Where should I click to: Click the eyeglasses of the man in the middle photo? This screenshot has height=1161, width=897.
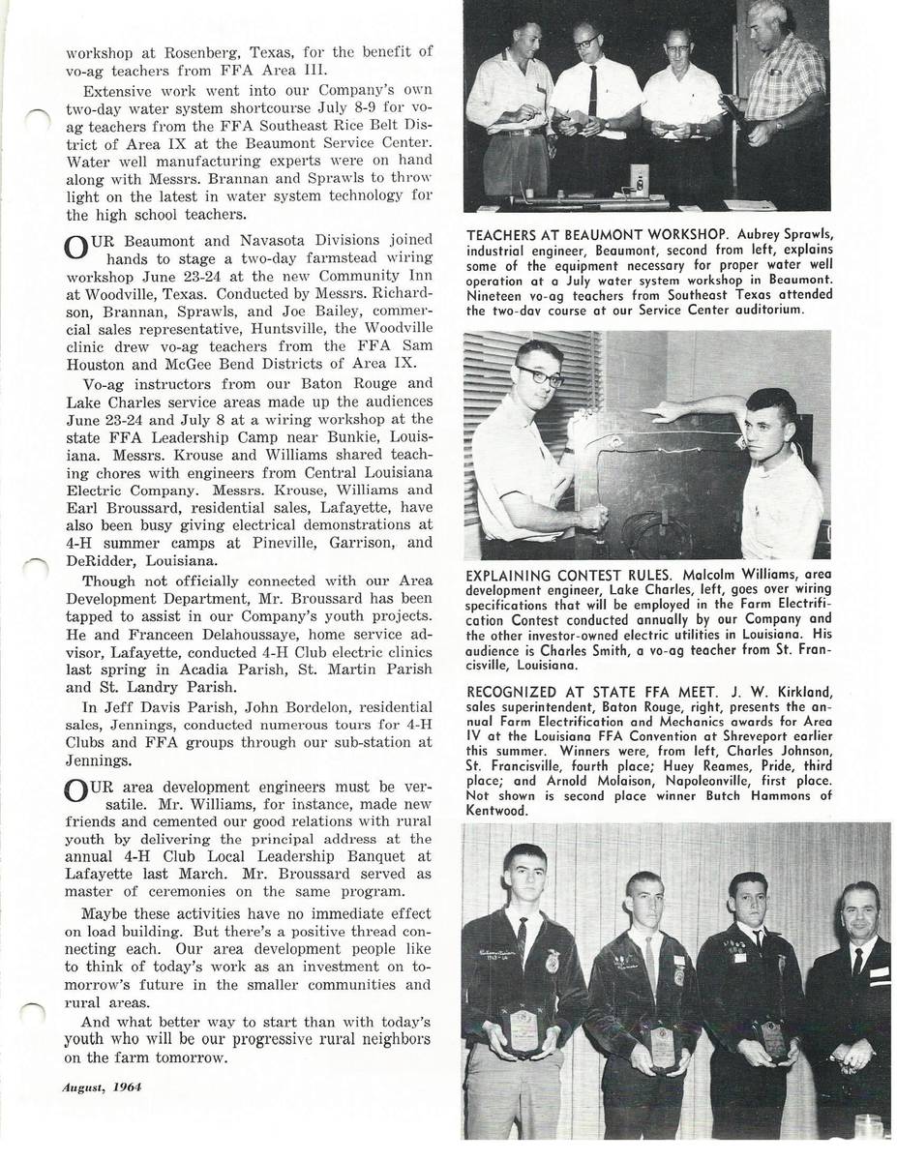coord(541,375)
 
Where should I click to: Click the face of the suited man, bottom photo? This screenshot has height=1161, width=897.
coord(857,914)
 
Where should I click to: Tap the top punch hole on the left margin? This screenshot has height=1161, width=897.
coord(36,119)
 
